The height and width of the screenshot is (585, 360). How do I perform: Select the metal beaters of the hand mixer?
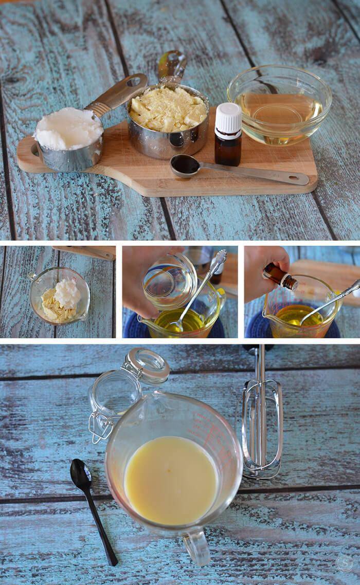click(x=261, y=427)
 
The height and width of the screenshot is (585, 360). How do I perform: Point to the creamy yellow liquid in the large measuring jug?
click(x=170, y=480)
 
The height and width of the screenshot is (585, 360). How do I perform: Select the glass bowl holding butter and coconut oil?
click(x=59, y=296)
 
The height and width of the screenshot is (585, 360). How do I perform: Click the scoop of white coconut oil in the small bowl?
click(x=67, y=293)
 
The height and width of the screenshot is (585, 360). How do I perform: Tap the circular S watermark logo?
click(x=344, y=563)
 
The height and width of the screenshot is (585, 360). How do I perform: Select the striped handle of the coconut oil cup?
click(x=116, y=95)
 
